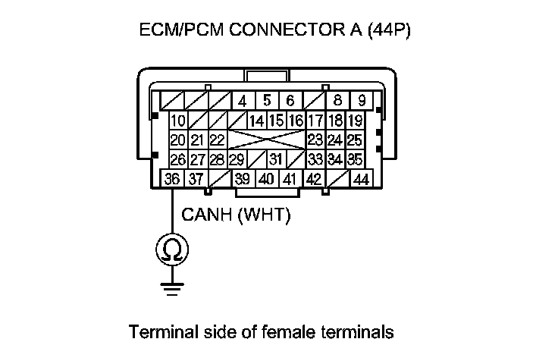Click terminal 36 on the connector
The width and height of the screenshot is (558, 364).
172,180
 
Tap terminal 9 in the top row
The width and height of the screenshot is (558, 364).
362,100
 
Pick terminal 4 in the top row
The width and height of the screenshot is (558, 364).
243,101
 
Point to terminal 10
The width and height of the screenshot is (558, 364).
178,121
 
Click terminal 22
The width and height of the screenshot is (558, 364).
218,140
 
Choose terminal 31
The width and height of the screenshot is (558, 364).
276,160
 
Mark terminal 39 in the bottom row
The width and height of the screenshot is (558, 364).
243,180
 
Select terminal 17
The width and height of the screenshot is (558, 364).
315,121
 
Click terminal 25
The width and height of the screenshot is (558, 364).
354,140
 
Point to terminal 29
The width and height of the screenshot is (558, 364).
237,160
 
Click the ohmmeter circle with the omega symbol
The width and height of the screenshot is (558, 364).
171,248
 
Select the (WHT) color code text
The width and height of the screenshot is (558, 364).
265,215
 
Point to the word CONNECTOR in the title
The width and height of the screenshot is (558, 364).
280,33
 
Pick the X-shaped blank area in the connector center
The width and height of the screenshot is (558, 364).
266,140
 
